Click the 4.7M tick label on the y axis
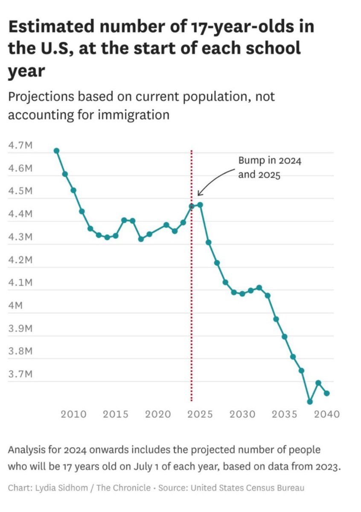(20, 146)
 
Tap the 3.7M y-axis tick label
(20, 374)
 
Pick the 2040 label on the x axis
(327, 414)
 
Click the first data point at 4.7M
(56, 151)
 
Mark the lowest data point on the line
(310, 402)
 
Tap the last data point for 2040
(327, 393)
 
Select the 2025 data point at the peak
(200, 205)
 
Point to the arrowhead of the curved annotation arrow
(199, 195)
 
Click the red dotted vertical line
(192, 299)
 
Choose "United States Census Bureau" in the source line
(248, 488)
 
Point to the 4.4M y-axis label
(20, 214)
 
